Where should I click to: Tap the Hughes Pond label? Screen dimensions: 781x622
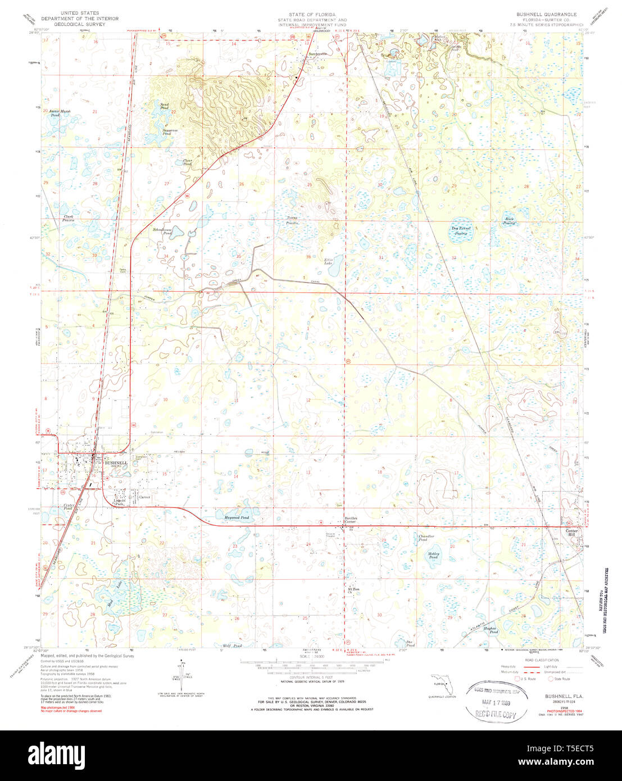(x=491, y=630)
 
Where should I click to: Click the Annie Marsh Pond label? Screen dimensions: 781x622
(x=62, y=113)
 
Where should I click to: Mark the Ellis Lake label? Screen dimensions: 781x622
(x=329, y=261)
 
